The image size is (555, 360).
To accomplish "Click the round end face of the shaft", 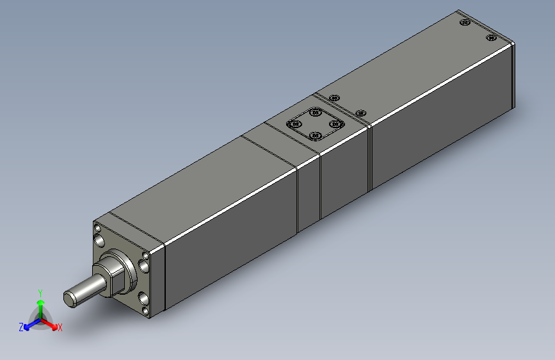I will click(70, 297).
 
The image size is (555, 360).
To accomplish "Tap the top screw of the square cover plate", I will click(315, 113).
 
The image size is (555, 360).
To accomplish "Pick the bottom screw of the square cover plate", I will click(314, 135).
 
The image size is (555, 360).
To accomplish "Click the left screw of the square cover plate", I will click(296, 124).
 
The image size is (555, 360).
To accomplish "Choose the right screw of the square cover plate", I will click(334, 124).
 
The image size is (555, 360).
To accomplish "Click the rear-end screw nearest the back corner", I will click(465, 23).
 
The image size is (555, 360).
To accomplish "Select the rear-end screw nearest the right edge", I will click(491, 37).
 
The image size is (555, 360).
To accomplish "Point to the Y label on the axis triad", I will click(40, 291).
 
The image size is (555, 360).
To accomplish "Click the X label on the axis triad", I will click(60, 328).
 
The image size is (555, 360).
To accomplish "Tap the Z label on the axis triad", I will click(21, 327).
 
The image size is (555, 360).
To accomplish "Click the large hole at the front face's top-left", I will click(101, 240).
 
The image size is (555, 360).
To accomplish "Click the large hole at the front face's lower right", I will click(141, 299).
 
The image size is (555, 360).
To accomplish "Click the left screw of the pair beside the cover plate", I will click(334, 97).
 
